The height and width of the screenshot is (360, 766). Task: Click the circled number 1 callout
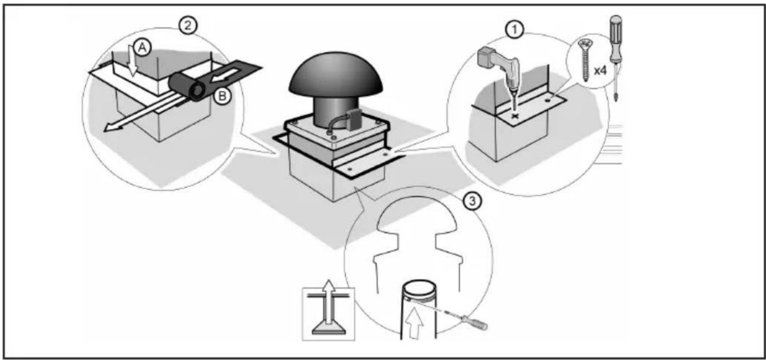pos(514,31)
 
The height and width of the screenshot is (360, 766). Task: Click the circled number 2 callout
pos(188,26)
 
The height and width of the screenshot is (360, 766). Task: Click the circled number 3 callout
pos(472,201)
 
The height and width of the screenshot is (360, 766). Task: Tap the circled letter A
pos(142,48)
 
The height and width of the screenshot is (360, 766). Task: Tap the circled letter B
pos(222,96)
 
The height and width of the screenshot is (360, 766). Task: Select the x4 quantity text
pos(600,71)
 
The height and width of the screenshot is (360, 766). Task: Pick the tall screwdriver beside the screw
pos(615,58)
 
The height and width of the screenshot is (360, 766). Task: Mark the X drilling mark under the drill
pos(515,116)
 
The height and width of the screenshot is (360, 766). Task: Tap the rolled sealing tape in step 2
pos(188,87)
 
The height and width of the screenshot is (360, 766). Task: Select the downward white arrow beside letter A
pos(131,63)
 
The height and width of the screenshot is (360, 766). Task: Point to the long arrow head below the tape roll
pos(112,127)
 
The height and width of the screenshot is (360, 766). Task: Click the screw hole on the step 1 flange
pos(548,101)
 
